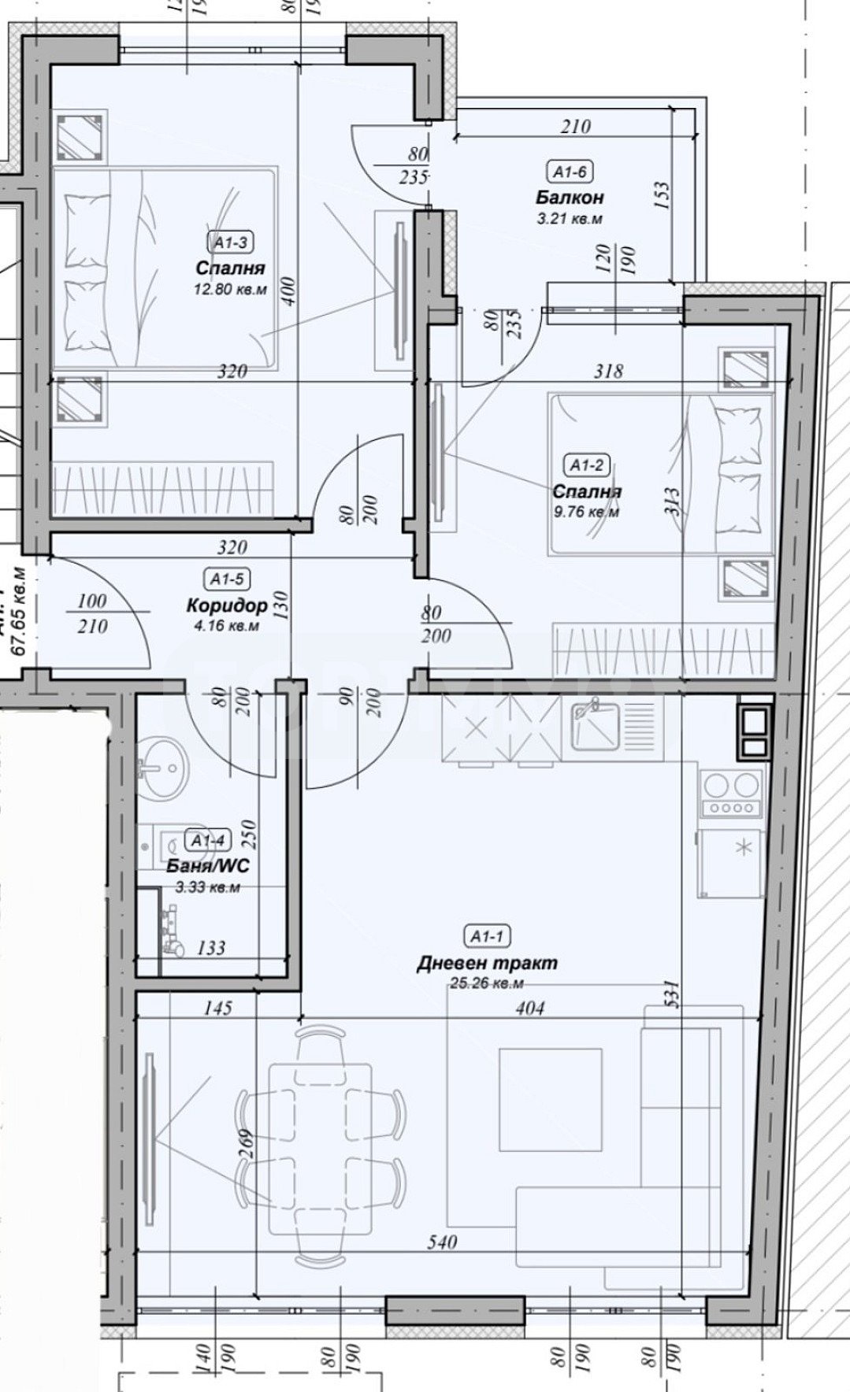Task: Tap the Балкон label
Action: (x=570, y=197)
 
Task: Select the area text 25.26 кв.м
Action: (x=487, y=983)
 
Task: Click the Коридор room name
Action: (x=227, y=605)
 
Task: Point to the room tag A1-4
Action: (x=207, y=840)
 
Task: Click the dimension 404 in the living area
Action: (x=529, y=1008)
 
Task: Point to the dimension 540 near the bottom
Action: (x=441, y=1242)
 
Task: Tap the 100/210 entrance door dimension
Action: (x=92, y=614)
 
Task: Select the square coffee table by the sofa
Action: (x=550, y=1099)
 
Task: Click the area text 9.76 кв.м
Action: (x=587, y=512)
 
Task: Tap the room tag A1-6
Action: (x=570, y=172)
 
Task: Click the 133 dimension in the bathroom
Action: (x=211, y=948)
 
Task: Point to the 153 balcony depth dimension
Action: (x=662, y=195)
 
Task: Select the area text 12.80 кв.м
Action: (x=230, y=289)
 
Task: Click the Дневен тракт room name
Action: (x=487, y=962)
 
